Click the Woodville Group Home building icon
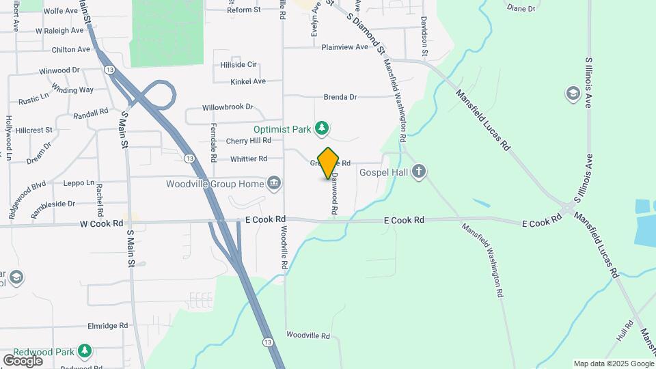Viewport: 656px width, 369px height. point(273,183)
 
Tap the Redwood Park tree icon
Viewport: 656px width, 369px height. point(84,351)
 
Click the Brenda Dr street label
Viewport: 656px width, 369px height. point(340,97)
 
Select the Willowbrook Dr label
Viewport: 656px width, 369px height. point(228,107)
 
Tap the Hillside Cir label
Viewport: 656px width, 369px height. point(238,65)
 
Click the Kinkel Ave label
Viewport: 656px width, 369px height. point(248,81)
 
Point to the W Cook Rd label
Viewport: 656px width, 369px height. point(101,223)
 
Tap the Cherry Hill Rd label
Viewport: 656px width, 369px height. point(249,141)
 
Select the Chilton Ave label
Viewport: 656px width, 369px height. point(71,49)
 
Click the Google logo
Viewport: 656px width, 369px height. point(22,360)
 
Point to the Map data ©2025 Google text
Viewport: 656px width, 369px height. point(613,364)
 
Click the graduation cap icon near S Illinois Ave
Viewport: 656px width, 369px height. point(573,92)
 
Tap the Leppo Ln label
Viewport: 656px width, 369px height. point(79,183)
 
